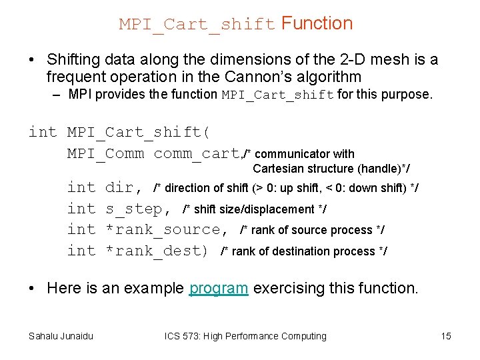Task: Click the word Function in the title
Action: pos(317,24)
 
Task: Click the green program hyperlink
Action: pos(219,289)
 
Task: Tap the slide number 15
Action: pos(446,336)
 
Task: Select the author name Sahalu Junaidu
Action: pos(61,336)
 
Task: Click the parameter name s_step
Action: pos(134,209)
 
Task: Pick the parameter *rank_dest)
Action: pos(157,251)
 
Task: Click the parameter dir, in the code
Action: pos(124,188)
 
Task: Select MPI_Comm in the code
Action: pos(105,153)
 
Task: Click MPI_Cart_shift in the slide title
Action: pos(197,25)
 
